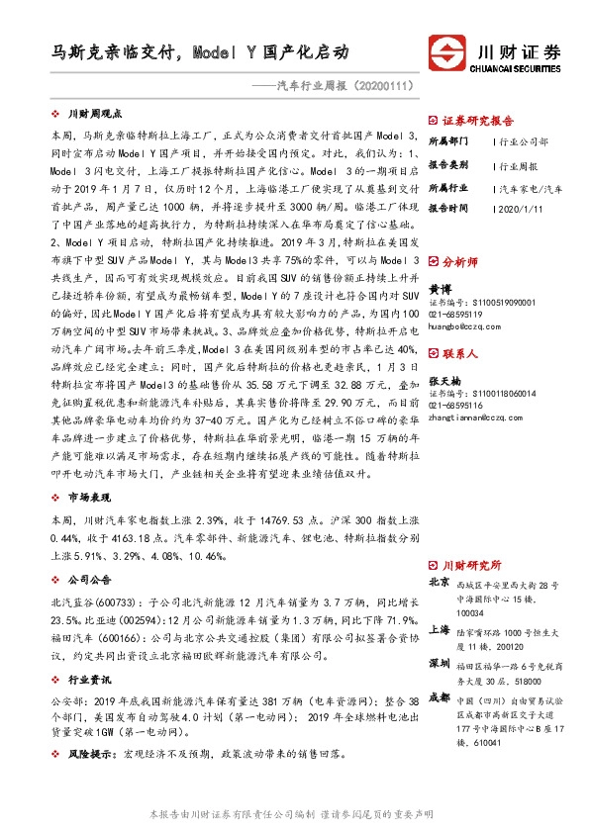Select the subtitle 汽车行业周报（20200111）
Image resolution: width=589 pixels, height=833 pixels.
click(343, 87)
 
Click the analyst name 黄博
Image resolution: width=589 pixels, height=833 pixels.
click(440, 287)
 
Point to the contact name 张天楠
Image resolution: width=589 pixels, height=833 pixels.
click(444, 381)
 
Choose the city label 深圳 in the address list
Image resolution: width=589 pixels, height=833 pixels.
click(438, 660)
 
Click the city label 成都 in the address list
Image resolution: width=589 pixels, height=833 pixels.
click(438, 698)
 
